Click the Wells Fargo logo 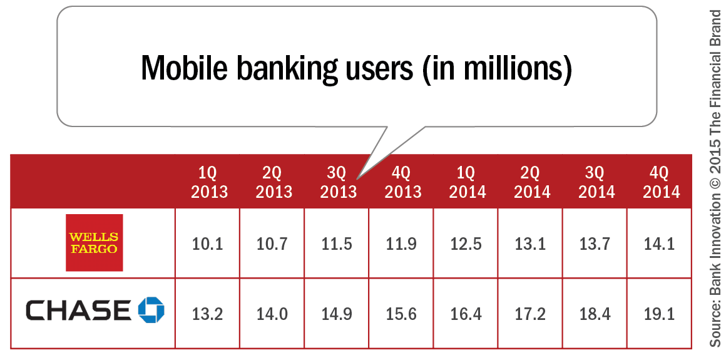(x=95, y=243)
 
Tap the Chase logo (x=95, y=311)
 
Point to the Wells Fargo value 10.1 (x=208, y=244)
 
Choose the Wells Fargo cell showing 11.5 (x=337, y=244)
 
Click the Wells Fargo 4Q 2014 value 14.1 (x=660, y=244)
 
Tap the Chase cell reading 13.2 (x=208, y=312)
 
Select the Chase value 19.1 (x=660, y=312)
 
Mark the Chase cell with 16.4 (x=466, y=312)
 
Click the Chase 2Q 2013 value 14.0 (x=272, y=312)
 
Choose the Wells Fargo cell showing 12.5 (x=466, y=244)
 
